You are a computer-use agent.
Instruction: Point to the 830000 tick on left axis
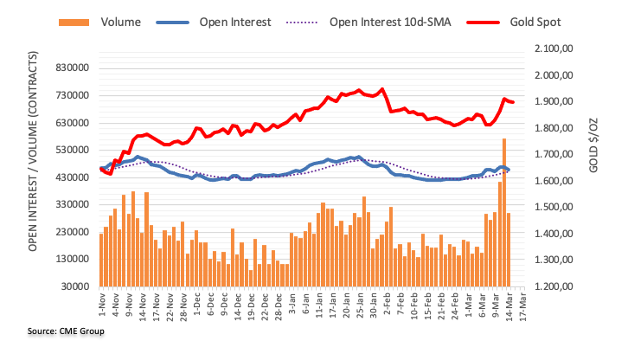coord(73,68)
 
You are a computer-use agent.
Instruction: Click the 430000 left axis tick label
coord(73,177)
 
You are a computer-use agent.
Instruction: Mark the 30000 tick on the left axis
coord(75,286)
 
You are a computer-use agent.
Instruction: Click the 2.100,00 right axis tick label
coord(554,49)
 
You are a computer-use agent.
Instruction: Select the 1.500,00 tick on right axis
coord(554,208)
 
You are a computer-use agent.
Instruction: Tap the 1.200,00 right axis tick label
coord(554,286)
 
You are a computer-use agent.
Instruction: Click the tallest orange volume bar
coord(504,212)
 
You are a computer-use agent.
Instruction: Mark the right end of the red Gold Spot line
coord(513,102)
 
